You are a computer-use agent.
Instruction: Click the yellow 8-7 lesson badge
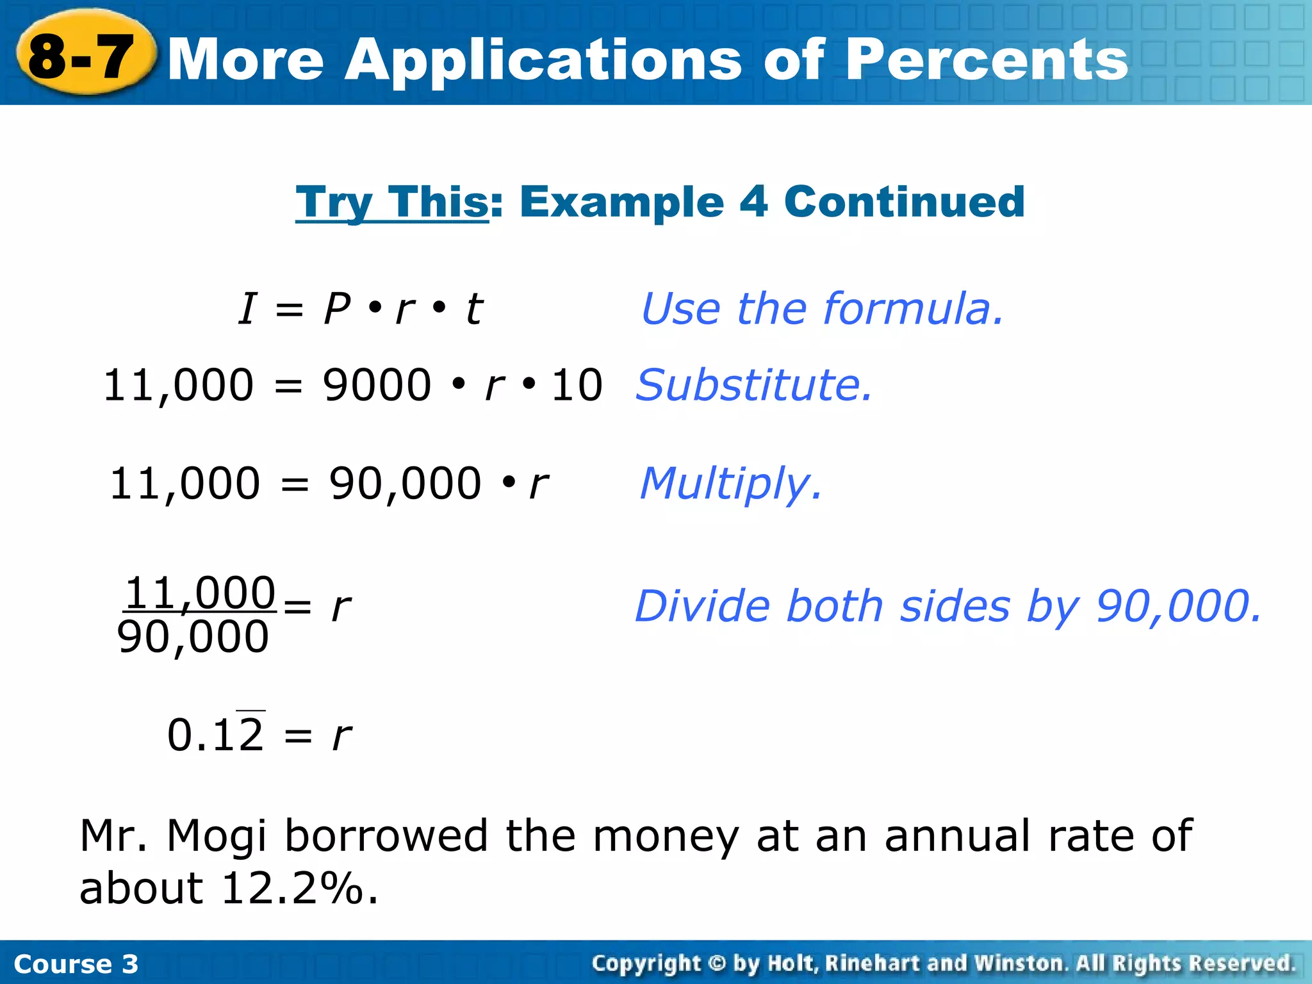[x=83, y=56]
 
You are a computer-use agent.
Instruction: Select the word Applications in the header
[x=542, y=60]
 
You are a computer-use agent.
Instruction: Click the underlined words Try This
[x=391, y=202]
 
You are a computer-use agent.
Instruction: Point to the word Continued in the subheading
[x=904, y=202]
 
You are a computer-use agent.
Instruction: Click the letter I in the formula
[x=247, y=309]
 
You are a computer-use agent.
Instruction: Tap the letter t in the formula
[x=473, y=309]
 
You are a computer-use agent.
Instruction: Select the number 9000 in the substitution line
[x=377, y=386]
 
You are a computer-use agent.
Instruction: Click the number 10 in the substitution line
[x=577, y=386]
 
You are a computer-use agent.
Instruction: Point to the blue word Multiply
[x=730, y=484]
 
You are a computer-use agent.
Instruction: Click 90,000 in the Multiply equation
[x=404, y=484]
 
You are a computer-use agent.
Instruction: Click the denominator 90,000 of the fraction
[x=193, y=637]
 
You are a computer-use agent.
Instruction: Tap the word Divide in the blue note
[x=704, y=606]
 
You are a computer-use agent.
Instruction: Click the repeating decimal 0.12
[x=215, y=734]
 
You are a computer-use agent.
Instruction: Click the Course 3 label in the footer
[x=76, y=964]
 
